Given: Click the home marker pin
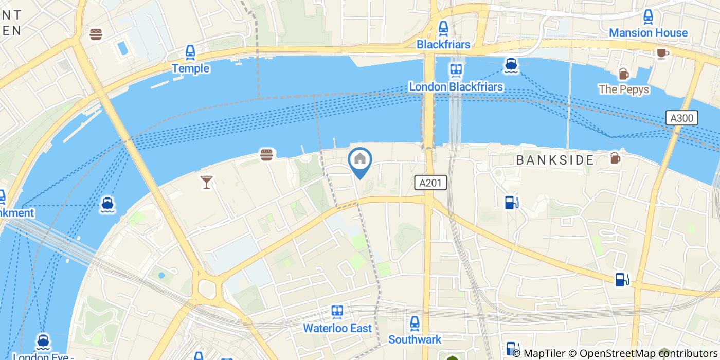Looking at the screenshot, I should point(360,160).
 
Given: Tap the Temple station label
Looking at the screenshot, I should point(190,68).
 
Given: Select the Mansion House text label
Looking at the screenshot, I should point(648,33).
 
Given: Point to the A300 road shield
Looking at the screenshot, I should point(682,118).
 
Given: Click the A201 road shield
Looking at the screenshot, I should point(430,182).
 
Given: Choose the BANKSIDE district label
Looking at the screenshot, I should point(555,160).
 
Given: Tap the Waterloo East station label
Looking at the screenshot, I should point(337,328).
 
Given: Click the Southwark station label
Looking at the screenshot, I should point(415,339).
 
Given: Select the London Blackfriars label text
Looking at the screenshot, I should point(456,86).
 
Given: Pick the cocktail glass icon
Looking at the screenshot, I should point(207,182).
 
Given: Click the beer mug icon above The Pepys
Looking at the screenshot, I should point(623,74).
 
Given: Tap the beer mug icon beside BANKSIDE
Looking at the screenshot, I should point(615,158).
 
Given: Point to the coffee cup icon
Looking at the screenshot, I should point(662,53).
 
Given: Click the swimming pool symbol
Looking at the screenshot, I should point(122,48).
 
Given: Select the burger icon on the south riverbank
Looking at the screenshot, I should point(266,154).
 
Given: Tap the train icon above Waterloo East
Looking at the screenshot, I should point(337,312).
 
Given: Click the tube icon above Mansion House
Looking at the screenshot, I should point(648,16).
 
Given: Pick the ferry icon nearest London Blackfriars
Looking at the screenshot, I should point(511,65).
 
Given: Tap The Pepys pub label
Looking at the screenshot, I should point(623,89).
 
